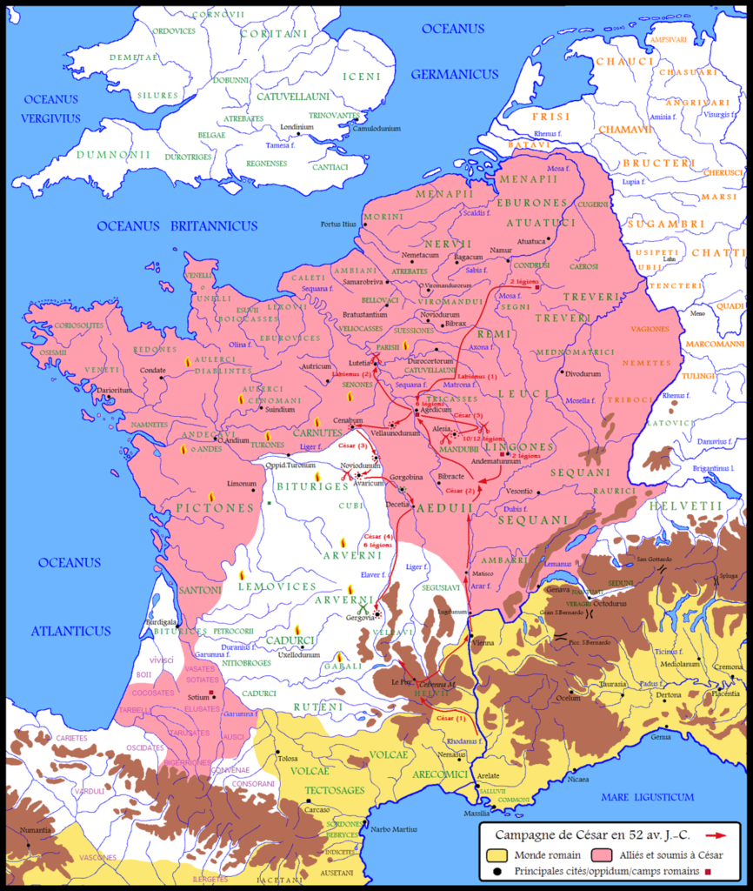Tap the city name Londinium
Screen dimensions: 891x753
coord(297,126)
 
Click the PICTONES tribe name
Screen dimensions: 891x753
coord(214,507)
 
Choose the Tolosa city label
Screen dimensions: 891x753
coord(288,758)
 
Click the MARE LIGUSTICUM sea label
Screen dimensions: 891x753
coord(651,796)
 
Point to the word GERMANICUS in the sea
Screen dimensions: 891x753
coord(455,74)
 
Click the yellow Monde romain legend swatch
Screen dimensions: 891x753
coord(499,855)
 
